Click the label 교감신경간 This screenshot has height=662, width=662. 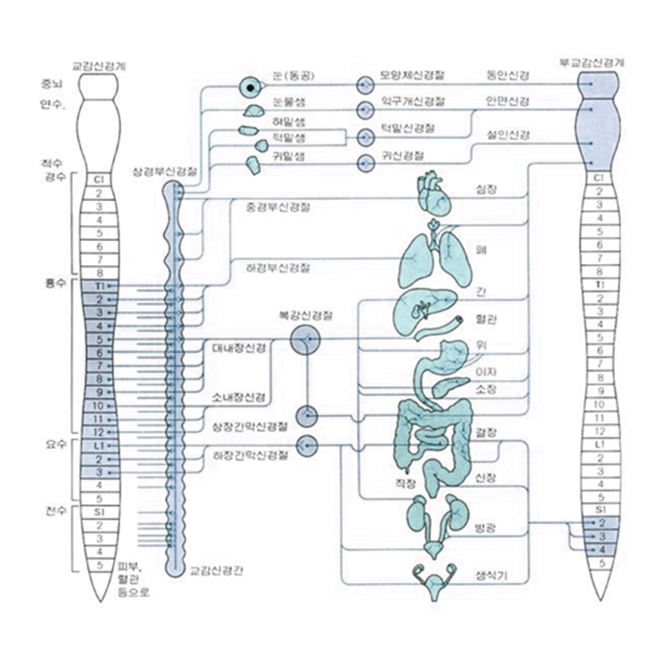(x=211, y=571)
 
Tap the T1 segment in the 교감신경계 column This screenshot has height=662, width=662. (x=99, y=286)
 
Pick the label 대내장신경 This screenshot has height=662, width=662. (x=239, y=349)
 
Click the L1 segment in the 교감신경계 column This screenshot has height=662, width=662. (x=99, y=446)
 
